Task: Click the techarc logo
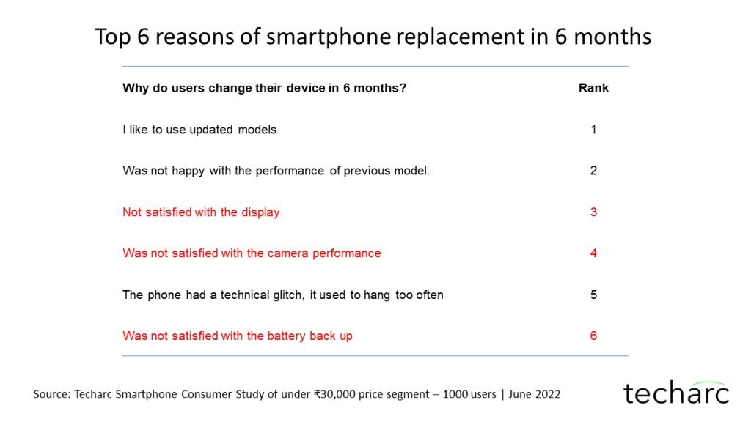point(675,393)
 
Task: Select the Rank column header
point(593,88)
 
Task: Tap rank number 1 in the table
point(593,130)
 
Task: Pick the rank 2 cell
point(593,171)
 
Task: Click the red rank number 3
point(593,212)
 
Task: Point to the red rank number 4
point(593,253)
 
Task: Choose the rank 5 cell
point(593,295)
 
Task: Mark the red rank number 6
point(593,336)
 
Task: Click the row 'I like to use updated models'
point(199,130)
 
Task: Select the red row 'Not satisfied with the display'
point(201,212)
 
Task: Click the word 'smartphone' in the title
point(329,37)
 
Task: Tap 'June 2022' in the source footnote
point(535,394)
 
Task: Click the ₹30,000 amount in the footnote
point(334,394)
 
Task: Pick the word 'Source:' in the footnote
point(52,394)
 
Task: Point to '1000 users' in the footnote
point(469,394)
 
